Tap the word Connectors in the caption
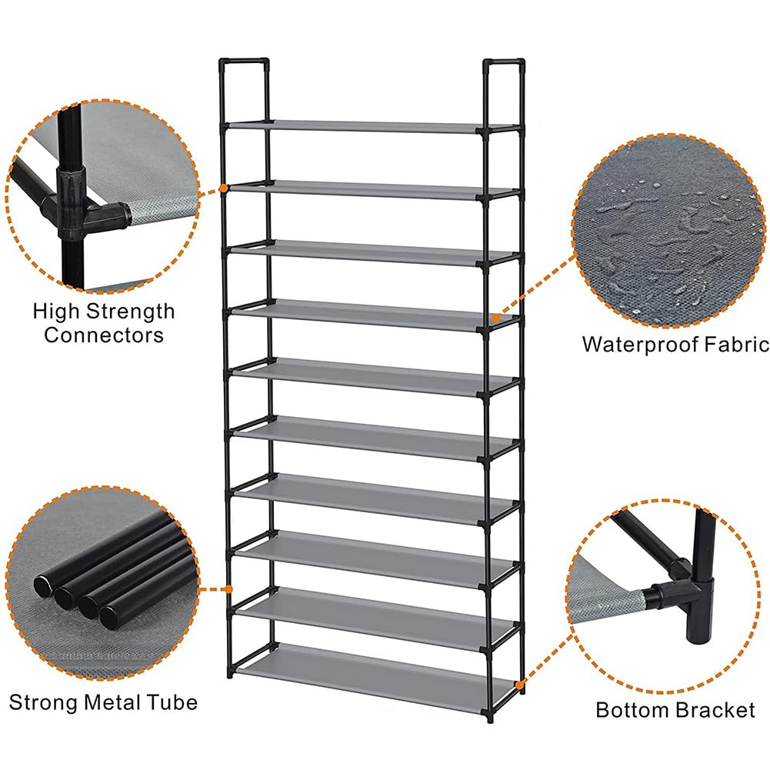click(x=104, y=335)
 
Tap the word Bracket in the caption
click(x=715, y=710)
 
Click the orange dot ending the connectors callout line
click(x=224, y=188)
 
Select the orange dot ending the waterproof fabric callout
click(x=496, y=318)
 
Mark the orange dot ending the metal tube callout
click(x=228, y=589)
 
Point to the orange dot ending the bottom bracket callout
click(x=518, y=684)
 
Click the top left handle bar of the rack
click(x=244, y=62)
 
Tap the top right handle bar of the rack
click(x=504, y=63)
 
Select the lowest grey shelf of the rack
click(x=374, y=677)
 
